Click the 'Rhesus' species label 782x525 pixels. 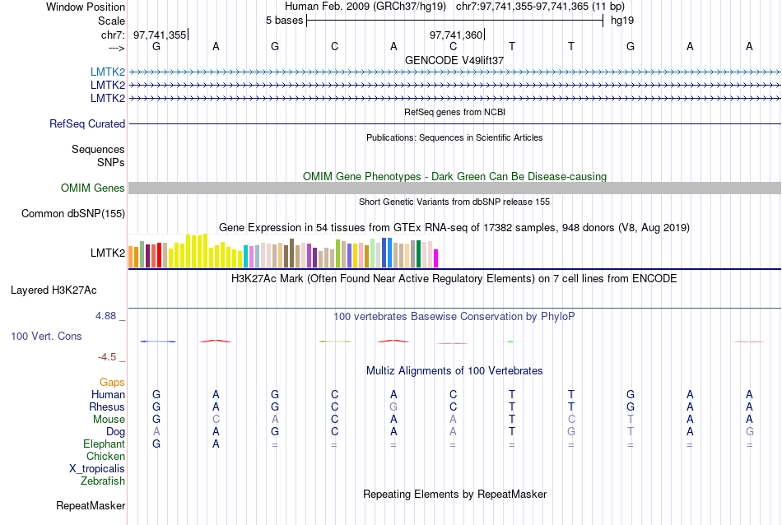[x=107, y=407]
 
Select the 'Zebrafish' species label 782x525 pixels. [x=103, y=481]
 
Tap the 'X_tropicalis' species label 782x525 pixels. [x=97, y=469]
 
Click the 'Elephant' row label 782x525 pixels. [x=105, y=444]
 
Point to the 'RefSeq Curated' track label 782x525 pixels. [x=87, y=124]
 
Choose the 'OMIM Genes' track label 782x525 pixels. [x=93, y=188]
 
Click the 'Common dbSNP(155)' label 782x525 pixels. [x=73, y=214]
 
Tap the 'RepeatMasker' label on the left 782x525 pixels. [x=91, y=505]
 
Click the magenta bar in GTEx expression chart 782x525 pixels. [x=436, y=258]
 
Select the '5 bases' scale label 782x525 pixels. [x=284, y=20]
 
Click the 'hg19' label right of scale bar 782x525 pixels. [x=621, y=20]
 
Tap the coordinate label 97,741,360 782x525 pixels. [x=456, y=35]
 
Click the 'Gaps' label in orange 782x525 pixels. [x=112, y=383]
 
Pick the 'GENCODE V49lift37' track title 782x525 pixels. [x=454, y=60]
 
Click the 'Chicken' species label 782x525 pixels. [x=106, y=457]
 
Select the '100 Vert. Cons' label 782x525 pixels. [x=47, y=337]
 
